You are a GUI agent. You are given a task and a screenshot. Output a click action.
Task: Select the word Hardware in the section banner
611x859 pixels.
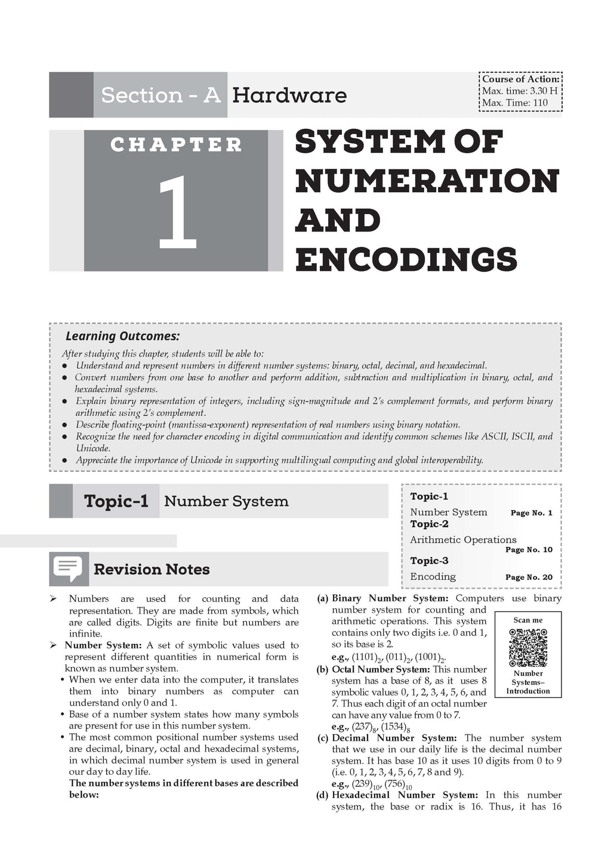(x=289, y=95)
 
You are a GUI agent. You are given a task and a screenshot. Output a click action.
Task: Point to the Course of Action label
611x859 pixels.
(x=520, y=79)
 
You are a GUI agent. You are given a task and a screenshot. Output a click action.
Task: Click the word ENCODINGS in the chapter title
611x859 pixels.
(x=406, y=259)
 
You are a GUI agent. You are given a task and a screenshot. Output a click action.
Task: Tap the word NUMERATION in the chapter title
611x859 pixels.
(x=427, y=181)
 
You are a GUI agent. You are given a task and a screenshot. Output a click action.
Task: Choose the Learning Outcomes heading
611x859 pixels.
(x=122, y=336)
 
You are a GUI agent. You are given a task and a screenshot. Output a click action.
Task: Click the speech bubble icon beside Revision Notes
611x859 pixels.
(x=67, y=569)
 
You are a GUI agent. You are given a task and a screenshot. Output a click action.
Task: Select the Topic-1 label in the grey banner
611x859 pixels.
(x=116, y=501)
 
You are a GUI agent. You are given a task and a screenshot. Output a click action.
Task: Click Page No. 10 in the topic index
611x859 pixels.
(x=529, y=550)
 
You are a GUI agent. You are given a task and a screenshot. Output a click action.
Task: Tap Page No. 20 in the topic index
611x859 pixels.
(x=529, y=577)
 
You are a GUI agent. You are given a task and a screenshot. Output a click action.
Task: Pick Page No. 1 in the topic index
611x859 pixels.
(x=531, y=513)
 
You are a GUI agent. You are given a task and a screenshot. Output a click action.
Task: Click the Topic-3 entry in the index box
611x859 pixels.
(x=429, y=561)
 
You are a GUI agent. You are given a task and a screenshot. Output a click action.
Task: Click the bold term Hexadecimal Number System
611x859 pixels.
(x=405, y=795)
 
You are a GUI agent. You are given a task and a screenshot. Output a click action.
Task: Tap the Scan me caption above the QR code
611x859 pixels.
(x=528, y=620)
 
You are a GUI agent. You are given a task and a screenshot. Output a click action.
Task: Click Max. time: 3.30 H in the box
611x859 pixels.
(x=520, y=91)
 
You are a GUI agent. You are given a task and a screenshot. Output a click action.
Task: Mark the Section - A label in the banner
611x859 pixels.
(x=161, y=95)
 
